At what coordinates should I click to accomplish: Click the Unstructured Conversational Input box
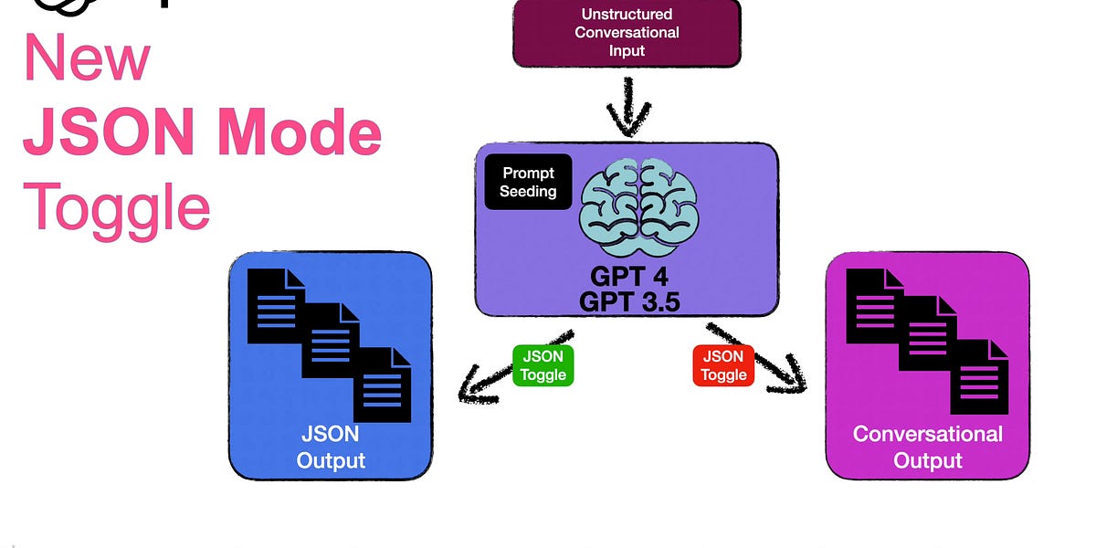[x=626, y=33]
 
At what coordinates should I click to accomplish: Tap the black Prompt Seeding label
[x=527, y=182]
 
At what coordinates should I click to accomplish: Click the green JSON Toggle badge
[x=543, y=365]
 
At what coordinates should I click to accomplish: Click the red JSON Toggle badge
[x=723, y=365]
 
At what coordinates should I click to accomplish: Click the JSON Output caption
[x=330, y=446]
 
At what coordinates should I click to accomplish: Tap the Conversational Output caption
[x=927, y=446]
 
